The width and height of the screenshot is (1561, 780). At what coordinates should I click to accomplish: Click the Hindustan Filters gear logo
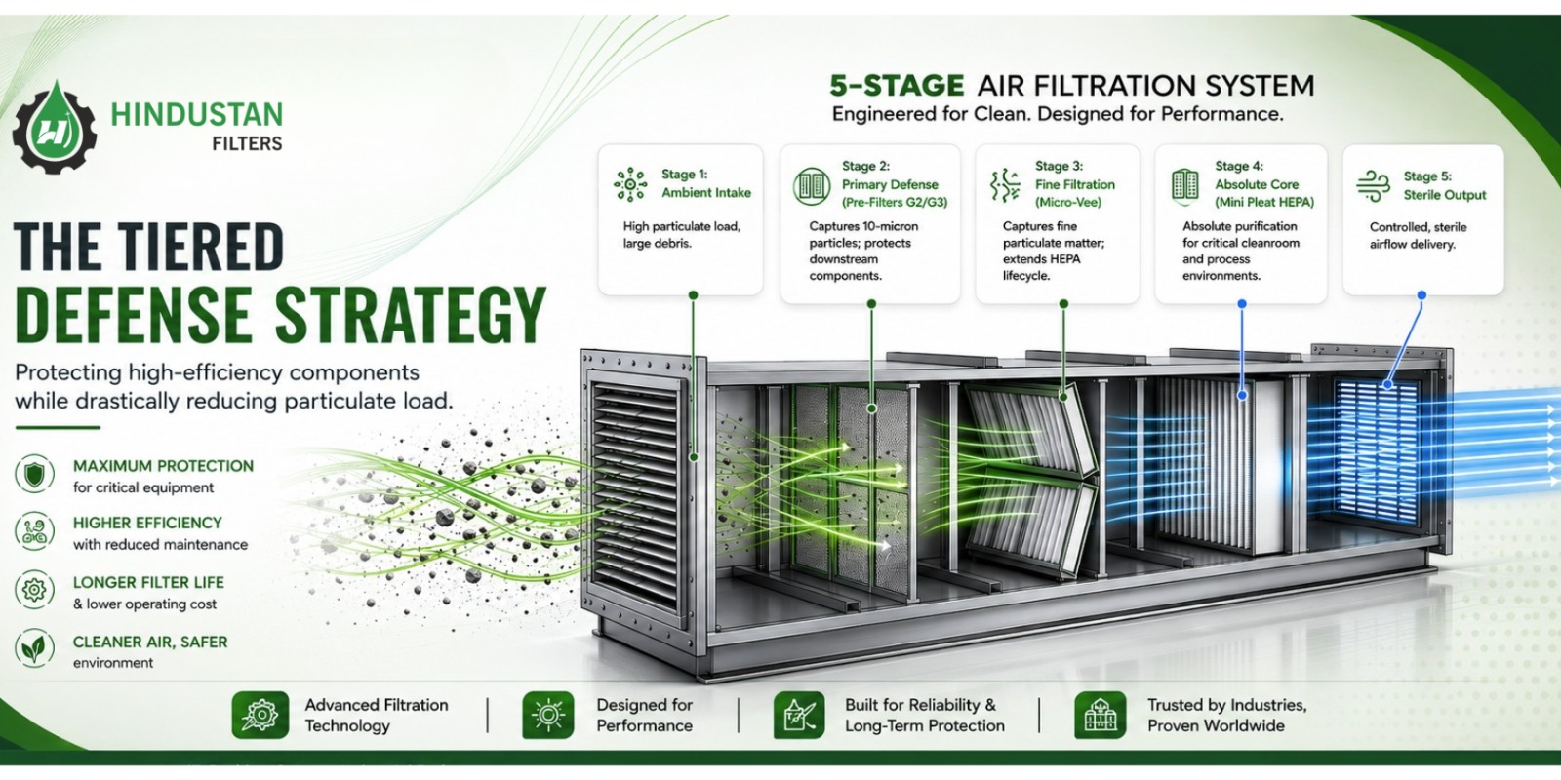point(55,128)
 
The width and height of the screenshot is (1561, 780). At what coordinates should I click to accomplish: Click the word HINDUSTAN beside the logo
point(196,115)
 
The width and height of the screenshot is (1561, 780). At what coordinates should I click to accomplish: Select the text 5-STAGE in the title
point(897,86)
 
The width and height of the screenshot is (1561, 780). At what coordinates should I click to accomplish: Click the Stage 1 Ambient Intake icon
point(630,184)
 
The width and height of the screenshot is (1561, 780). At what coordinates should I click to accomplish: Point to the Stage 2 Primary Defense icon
point(812,186)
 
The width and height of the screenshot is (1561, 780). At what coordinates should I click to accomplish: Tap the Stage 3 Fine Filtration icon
point(1005,186)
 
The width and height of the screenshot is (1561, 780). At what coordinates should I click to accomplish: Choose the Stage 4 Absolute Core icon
point(1185,186)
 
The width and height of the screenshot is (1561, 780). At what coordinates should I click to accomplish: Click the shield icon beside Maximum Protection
point(34,475)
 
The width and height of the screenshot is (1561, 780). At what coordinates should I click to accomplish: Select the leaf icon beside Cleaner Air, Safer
point(34,648)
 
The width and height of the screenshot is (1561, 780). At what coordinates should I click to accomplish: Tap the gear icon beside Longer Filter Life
point(34,590)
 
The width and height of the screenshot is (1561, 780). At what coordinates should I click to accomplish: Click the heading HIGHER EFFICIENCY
point(147,523)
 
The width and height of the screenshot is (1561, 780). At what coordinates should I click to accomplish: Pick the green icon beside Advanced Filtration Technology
point(260,716)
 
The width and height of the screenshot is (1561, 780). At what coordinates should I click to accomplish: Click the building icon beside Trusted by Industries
point(1101,716)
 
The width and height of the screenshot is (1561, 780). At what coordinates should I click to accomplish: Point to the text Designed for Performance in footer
point(645,716)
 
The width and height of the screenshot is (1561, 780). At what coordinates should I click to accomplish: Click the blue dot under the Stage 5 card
point(1421,295)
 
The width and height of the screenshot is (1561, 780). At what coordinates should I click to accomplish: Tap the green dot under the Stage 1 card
point(694,295)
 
